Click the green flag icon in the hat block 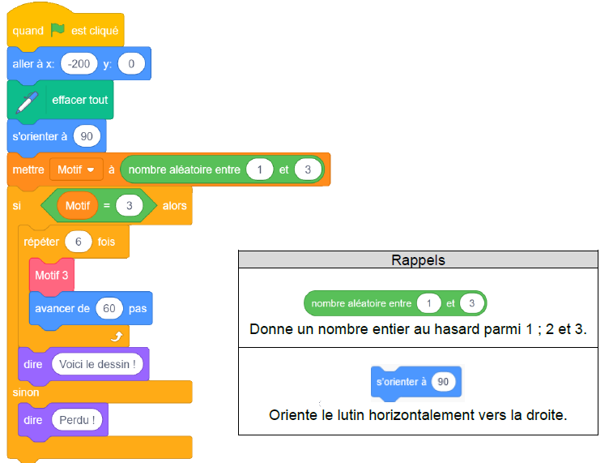pyautogui.click(x=57, y=30)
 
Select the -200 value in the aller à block pyautogui.click(x=79, y=64)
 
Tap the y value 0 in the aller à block pyautogui.click(x=131, y=64)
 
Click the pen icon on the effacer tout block pyautogui.click(x=27, y=102)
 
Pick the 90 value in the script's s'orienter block pyautogui.click(x=87, y=136)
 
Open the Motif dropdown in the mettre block pyautogui.click(x=76, y=169)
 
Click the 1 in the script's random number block pyautogui.click(x=259, y=169)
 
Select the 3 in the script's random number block pyautogui.click(x=308, y=169)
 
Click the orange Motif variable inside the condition pyautogui.click(x=78, y=206)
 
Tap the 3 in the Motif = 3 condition pyautogui.click(x=130, y=206)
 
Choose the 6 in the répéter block pyautogui.click(x=78, y=242)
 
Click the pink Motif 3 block pyautogui.click(x=52, y=275)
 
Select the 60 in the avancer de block pyautogui.click(x=109, y=308)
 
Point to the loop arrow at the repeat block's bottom pyautogui.click(x=117, y=337)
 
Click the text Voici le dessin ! pyautogui.click(x=97, y=364)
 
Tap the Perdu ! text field pyautogui.click(x=77, y=420)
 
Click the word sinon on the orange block pyautogui.click(x=26, y=392)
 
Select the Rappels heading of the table pyautogui.click(x=418, y=260)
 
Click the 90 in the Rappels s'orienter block pyautogui.click(x=443, y=382)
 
